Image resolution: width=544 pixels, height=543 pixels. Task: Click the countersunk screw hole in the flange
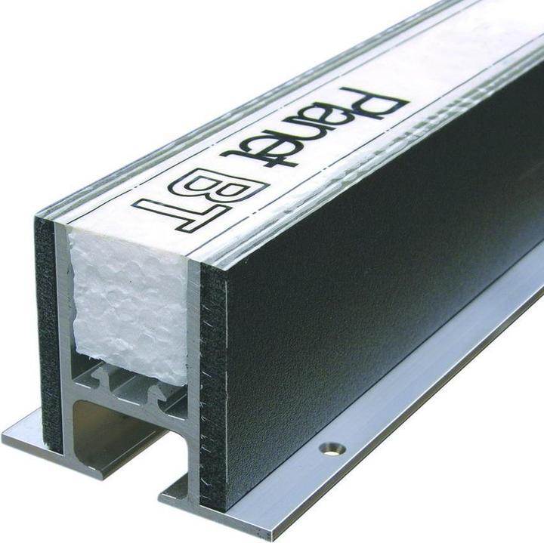click(332, 449)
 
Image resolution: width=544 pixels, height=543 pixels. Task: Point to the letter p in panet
click(368, 105)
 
